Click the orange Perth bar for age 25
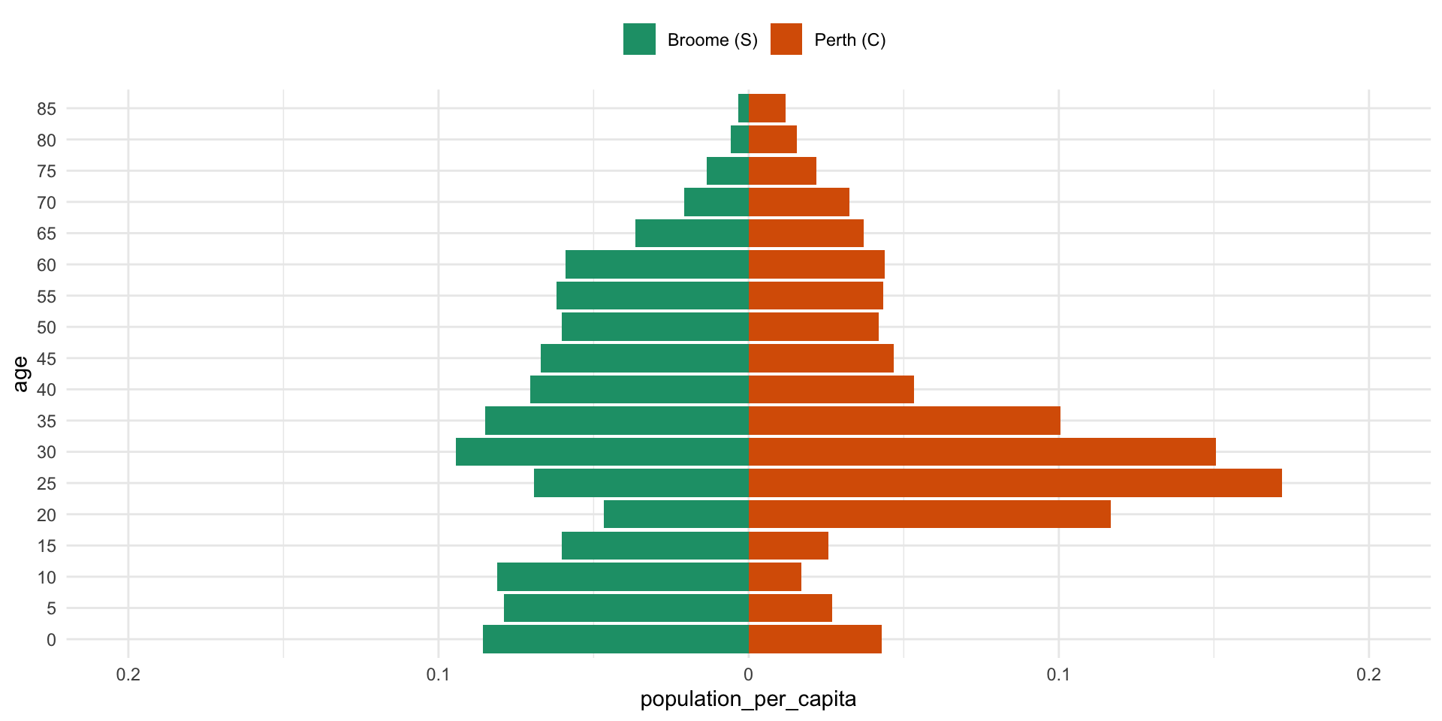pyautogui.click(x=1015, y=483)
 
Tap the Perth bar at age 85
pyautogui.click(x=767, y=108)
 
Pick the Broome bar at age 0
pyautogui.click(x=616, y=639)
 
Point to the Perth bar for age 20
pyautogui.click(x=929, y=514)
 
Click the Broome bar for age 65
pyautogui.click(x=692, y=233)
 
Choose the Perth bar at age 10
pyautogui.click(x=774, y=577)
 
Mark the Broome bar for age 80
pyautogui.click(x=740, y=140)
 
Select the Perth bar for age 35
pyautogui.click(x=904, y=421)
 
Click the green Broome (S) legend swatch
pyautogui.click(x=639, y=40)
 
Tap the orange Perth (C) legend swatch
pyautogui.click(x=786, y=40)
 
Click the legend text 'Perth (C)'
pyautogui.click(x=849, y=41)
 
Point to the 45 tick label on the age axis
pyautogui.click(x=47, y=359)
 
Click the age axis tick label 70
pyautogui.click(x=47, y=203)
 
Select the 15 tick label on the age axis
pyautogui.click(x=47, y=546)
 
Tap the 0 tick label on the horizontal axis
pyautogui.click(x=748, y=674)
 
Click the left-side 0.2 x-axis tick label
pyautogui.click(x=128, y=674)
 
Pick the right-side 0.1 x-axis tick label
pyautogui.click(x=1058, y=674)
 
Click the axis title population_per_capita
pyautogui.click(x=748, y=699)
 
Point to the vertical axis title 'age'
pyautogui.click(x=20, y=374)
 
